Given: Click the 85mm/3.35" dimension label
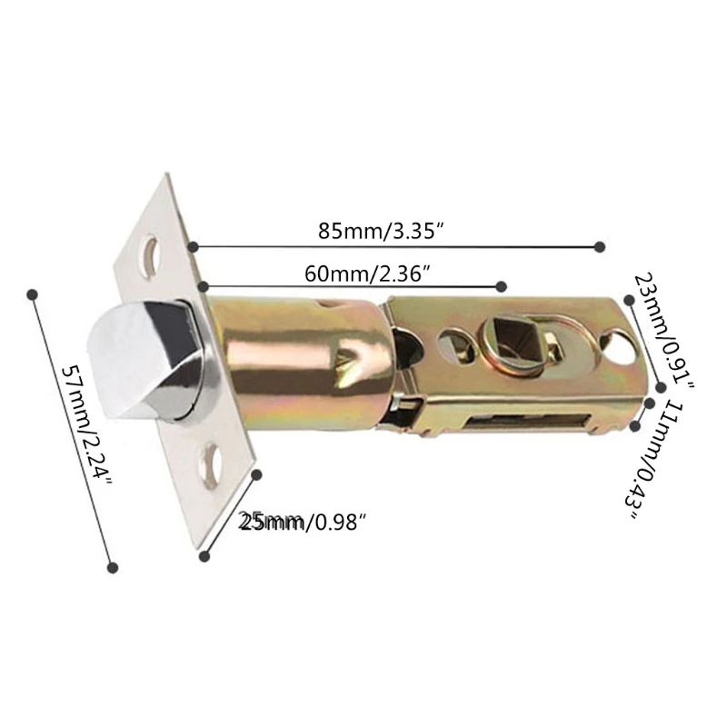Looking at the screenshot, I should click(x=380, y=231).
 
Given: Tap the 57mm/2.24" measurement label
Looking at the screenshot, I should click(x=85, y=428).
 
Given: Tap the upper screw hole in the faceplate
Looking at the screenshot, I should click(x=153, y=254).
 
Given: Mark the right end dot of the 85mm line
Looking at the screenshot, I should click(x=599, y=246).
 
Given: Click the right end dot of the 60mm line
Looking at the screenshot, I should click(x=501, y=286).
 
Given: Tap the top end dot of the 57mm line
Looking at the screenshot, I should click(x=34, y=294).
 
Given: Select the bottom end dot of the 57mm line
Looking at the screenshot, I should click(x=113, y=567).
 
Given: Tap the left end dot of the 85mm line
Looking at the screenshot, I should click(x=194, y=245).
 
